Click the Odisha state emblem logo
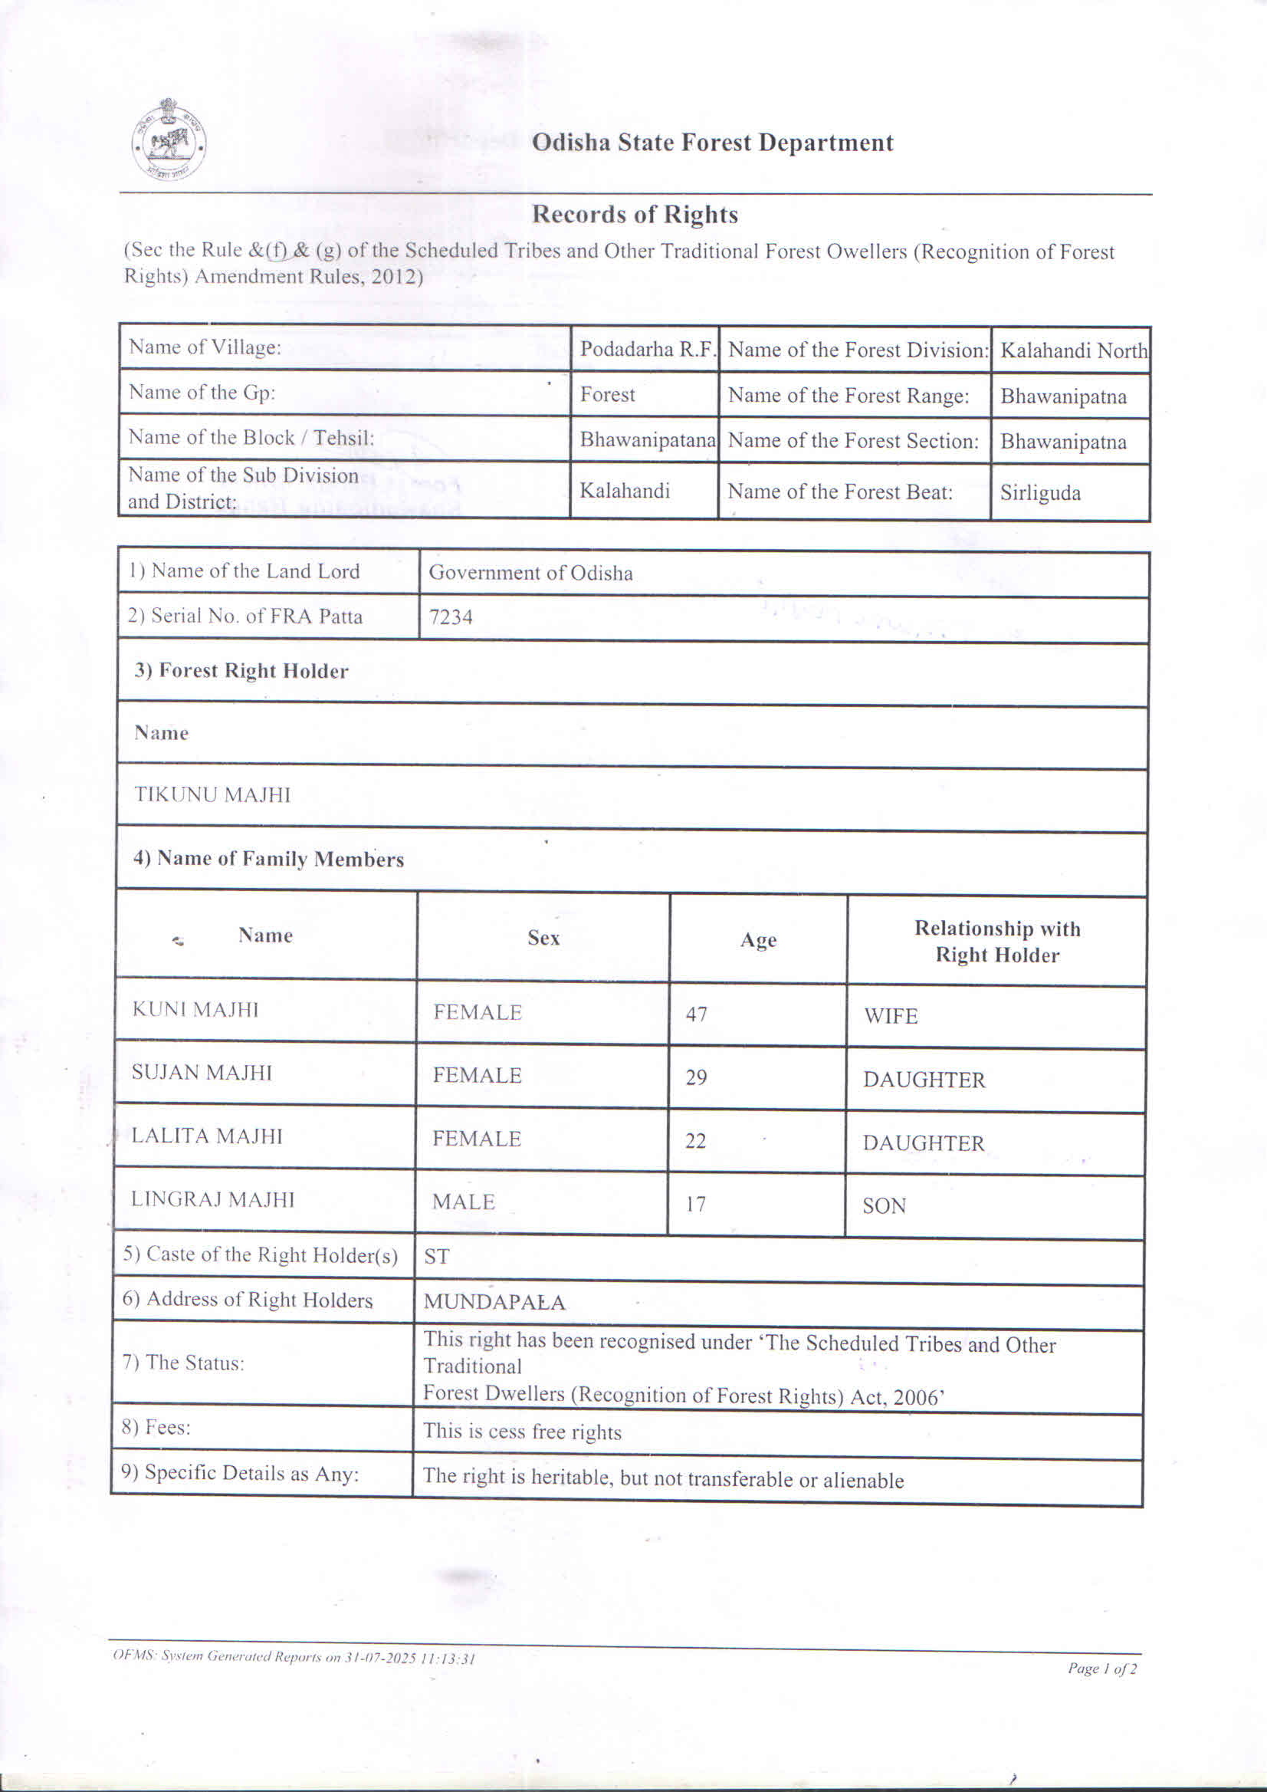click(169, 140)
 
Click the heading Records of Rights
click(635, 215)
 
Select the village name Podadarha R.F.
click(647, 349)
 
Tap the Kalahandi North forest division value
click(1073, 350)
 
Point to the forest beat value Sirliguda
click(1039, 493)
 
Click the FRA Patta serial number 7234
click(451, 617)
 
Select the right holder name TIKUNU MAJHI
click(212, 794)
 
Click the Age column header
click(757, 940)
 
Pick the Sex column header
click(543, 937)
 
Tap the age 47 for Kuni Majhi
click(696, 1014)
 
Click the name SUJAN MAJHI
click(202, 1073)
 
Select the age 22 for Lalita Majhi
click(695, 1141)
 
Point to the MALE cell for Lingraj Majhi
click(464, 1202)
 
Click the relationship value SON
click(883, 1206)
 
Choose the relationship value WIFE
click(889, 1016)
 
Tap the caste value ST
click(436, 1256)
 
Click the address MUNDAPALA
click(494, 1302)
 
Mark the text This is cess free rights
click(522, 1432)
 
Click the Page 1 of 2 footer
click(1101, 1668)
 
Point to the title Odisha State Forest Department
click(712, 143)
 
